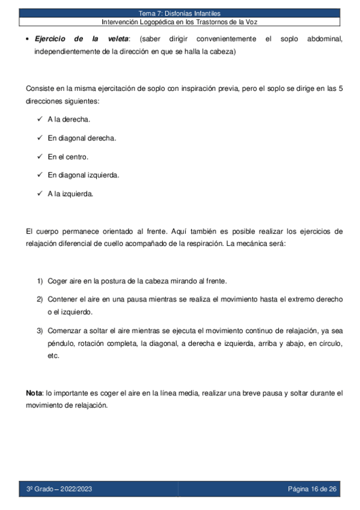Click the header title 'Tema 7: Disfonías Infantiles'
pos(180,13)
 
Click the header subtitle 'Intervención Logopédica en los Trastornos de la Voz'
pos(180,22)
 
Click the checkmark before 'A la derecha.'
pos(39,119)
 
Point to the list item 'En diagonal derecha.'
pos(82,138)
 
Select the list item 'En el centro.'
pos(68,156)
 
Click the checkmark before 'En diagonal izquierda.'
pos(39,175)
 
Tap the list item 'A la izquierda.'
pos(70,194)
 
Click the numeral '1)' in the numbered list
pos(40,281)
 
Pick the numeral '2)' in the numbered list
pos(40,299)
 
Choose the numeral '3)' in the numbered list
pos(40,330)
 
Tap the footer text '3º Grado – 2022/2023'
pos(59,489)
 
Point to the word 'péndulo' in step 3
pos(61,343)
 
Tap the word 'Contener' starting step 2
pos(63,299)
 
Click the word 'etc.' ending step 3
pos(53,355)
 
